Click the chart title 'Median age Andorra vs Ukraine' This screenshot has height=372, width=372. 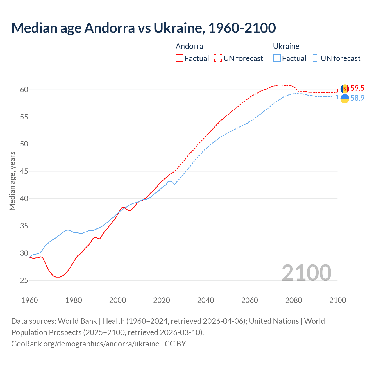pyautogui.click(x=143, y=28)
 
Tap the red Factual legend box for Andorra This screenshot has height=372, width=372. pyautogui.click(x=179, y=58)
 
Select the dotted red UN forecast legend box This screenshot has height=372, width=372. pyautogui.click(x=218, y=58)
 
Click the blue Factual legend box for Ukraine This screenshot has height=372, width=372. pyautogui.click(x=277, y=58)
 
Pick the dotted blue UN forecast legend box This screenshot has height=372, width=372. pyautogui.click(x=315, y=58)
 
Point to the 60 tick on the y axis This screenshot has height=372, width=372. pyautogui.click(x=24, y=90)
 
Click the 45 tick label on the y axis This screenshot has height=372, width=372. pyautogui.click(x=24, y=171)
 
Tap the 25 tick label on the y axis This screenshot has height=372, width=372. pyautogui.click(x=24, y=280)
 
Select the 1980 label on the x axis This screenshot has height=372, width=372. pyautogui.click(x=74, y=300)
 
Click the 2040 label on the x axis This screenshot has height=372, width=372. pyautogui.click(x=205, y=300)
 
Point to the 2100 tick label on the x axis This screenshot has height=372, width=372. pyautogui.click(x=337, y=300)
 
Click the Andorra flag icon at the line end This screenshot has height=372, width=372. pyautogui.click(x=345, y=89)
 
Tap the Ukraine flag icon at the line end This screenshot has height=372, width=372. pyautogui.click(x=345, y=99)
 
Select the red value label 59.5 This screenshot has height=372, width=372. pyautogui.click(x=357, y=88)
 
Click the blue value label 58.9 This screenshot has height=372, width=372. pyautogui.click(x=357, y=98)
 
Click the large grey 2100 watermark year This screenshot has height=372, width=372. pyautogui.click(x=306, y=273)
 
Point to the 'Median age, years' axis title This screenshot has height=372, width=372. pyautogui.click(x=12, y=181)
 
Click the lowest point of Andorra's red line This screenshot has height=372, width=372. pyautogui.click(x=58, y=277)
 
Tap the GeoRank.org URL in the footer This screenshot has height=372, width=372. pyautogui.click(x=85, y=344)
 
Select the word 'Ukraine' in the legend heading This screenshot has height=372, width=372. pyautogui.click(x=286, y=46)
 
